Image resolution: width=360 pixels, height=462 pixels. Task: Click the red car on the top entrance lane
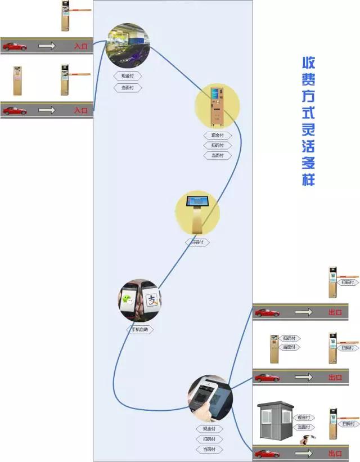[15, 46]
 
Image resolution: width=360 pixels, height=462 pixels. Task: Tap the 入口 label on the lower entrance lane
[81, 110]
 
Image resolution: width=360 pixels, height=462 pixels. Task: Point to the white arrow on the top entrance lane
[47, 46]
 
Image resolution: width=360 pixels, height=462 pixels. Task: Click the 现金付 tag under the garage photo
[128, 76]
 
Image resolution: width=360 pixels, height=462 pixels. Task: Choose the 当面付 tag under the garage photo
[128, 88]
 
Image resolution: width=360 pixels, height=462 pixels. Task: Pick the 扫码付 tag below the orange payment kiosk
[217, 145]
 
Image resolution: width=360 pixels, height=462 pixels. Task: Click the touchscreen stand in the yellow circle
[197, 213]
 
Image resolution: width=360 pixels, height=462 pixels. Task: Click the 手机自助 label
[139, 330]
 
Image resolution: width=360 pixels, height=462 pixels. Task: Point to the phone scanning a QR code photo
[210, 398]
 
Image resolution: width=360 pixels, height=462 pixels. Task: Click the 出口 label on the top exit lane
[335, 312]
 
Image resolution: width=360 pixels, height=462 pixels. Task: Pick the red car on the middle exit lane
[267, 377]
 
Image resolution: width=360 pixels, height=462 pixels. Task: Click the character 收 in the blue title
[309, 62]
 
